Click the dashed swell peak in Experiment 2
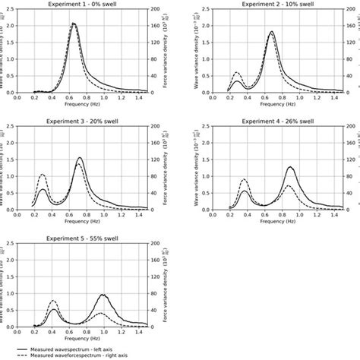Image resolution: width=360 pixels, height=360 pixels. pyautogui.click(x=235, y=73)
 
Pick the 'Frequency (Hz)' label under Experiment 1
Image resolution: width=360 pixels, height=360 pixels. pyautogui.click(x=82, y=105)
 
